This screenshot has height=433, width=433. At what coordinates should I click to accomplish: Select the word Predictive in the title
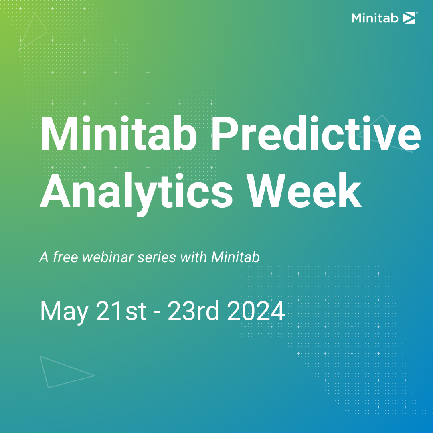(314, 133)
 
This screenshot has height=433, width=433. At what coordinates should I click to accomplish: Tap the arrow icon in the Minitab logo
(409, 18)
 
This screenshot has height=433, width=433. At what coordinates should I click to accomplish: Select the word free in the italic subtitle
(65, 257)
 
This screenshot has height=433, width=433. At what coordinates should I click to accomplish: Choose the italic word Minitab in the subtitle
(235, 257)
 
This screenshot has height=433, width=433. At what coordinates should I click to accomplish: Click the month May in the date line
(64, 312)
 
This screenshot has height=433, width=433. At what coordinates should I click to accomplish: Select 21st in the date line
(121, 312)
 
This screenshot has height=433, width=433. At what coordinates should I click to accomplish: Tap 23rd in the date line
(194, 312)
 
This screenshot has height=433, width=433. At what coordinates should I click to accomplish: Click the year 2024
(256, 312)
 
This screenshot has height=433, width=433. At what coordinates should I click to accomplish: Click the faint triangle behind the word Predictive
(385, 134)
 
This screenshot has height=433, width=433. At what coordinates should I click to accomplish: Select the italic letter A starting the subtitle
(44, 257)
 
